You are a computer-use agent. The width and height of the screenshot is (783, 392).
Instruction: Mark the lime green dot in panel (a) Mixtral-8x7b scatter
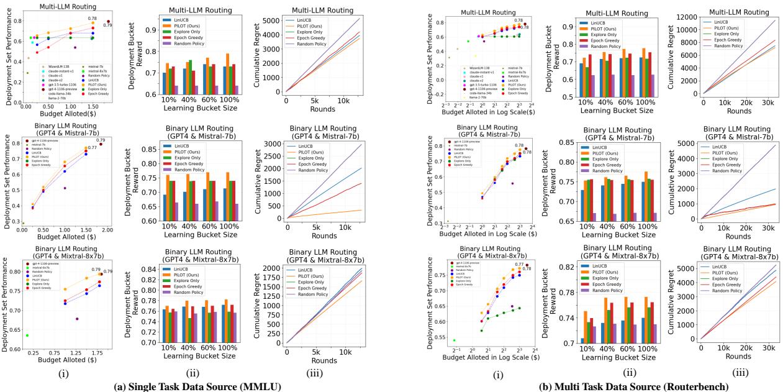(x=27, y=335)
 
